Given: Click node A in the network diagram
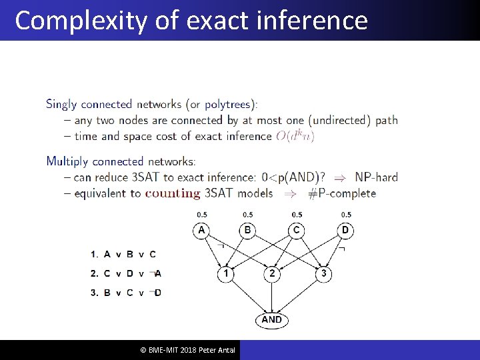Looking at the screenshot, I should pyautogui.click(x=201, y=231).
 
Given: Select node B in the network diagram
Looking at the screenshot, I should pyautogui.click(x=247, y=231).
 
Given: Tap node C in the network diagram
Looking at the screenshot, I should pyautogui.click(x=297, y=231).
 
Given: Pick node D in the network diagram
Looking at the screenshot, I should pyautogui.click(x=345, y=231).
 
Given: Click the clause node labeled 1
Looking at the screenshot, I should pyautogui.click(x=226, y=273).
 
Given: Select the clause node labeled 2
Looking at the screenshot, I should pyautogui.click(x=272, y=273).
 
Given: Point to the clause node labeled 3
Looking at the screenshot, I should pyautogui.click(x=323, y=273).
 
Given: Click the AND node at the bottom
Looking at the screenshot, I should pyautogui.click(x=271, y=319).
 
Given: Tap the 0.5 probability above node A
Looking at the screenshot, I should pyautogui.click(x=201, y=215).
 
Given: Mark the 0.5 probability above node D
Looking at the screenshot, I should pyautogui.click(x=346, y=215).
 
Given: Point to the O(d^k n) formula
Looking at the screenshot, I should pyautogui.click(x=295, y=136).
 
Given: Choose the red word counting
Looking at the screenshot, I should pyautogui.click(x=173, y=193).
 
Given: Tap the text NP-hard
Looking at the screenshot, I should pyautogui.click(x=376, y=177).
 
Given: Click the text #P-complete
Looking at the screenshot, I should pyautogui.click(x=343, y=193).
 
